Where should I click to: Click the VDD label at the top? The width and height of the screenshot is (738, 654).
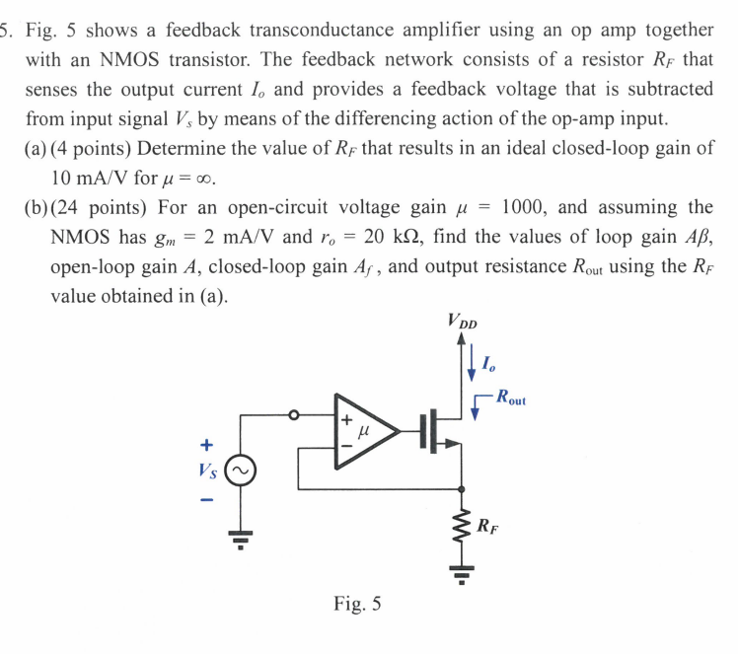(461, 321)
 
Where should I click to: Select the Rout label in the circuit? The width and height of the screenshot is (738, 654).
(511, 400)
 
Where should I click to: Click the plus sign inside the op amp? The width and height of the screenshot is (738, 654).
(346, 418)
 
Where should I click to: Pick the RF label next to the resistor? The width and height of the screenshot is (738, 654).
(489, 525)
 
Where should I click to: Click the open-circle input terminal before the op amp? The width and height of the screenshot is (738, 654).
(293, 415)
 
